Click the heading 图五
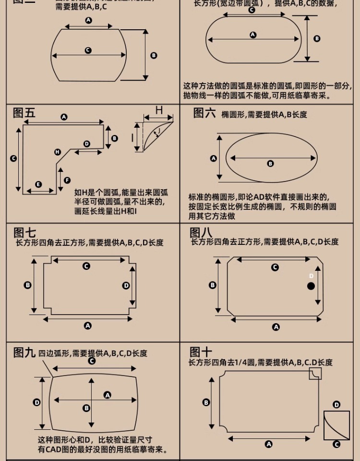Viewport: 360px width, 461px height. click(24, 113)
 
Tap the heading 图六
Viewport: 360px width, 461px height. click(204, 113)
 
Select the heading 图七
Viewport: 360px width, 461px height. click(24, 233)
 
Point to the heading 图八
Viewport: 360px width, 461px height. click(201, 232)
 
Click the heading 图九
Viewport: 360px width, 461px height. click(24, 353)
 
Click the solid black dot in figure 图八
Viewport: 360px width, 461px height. click(311, 286)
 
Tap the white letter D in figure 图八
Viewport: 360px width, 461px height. click(311, 276)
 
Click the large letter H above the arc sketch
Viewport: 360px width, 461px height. click(159, 110)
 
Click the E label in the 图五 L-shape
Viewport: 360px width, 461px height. click(38, 184)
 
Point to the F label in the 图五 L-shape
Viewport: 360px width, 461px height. click(67, 180)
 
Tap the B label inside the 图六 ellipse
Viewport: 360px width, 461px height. click(270, 164)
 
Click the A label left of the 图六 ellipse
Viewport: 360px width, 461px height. click(214, 158)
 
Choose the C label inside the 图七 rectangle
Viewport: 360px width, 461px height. click(86, 266)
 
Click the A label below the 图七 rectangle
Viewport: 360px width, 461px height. click(87, 326)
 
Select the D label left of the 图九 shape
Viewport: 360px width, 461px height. click(36, 402)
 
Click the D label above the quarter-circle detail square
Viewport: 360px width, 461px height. click(336, 405)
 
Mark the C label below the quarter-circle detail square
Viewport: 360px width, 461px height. click(336, 445)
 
